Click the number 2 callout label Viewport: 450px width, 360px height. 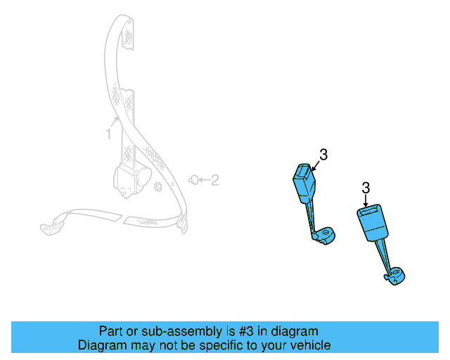[215, 181]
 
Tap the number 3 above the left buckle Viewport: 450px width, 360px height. [323, 155]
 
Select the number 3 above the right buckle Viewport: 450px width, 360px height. [366, 188]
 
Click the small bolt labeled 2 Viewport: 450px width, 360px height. [192, 181]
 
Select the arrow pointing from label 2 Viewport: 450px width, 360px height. [203, 181]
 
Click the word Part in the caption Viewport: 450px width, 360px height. [112, 331]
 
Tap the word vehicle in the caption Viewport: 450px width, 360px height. [308, 346]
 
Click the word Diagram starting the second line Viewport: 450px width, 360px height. [103, 346]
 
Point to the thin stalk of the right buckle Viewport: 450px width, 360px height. [384, 255]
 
